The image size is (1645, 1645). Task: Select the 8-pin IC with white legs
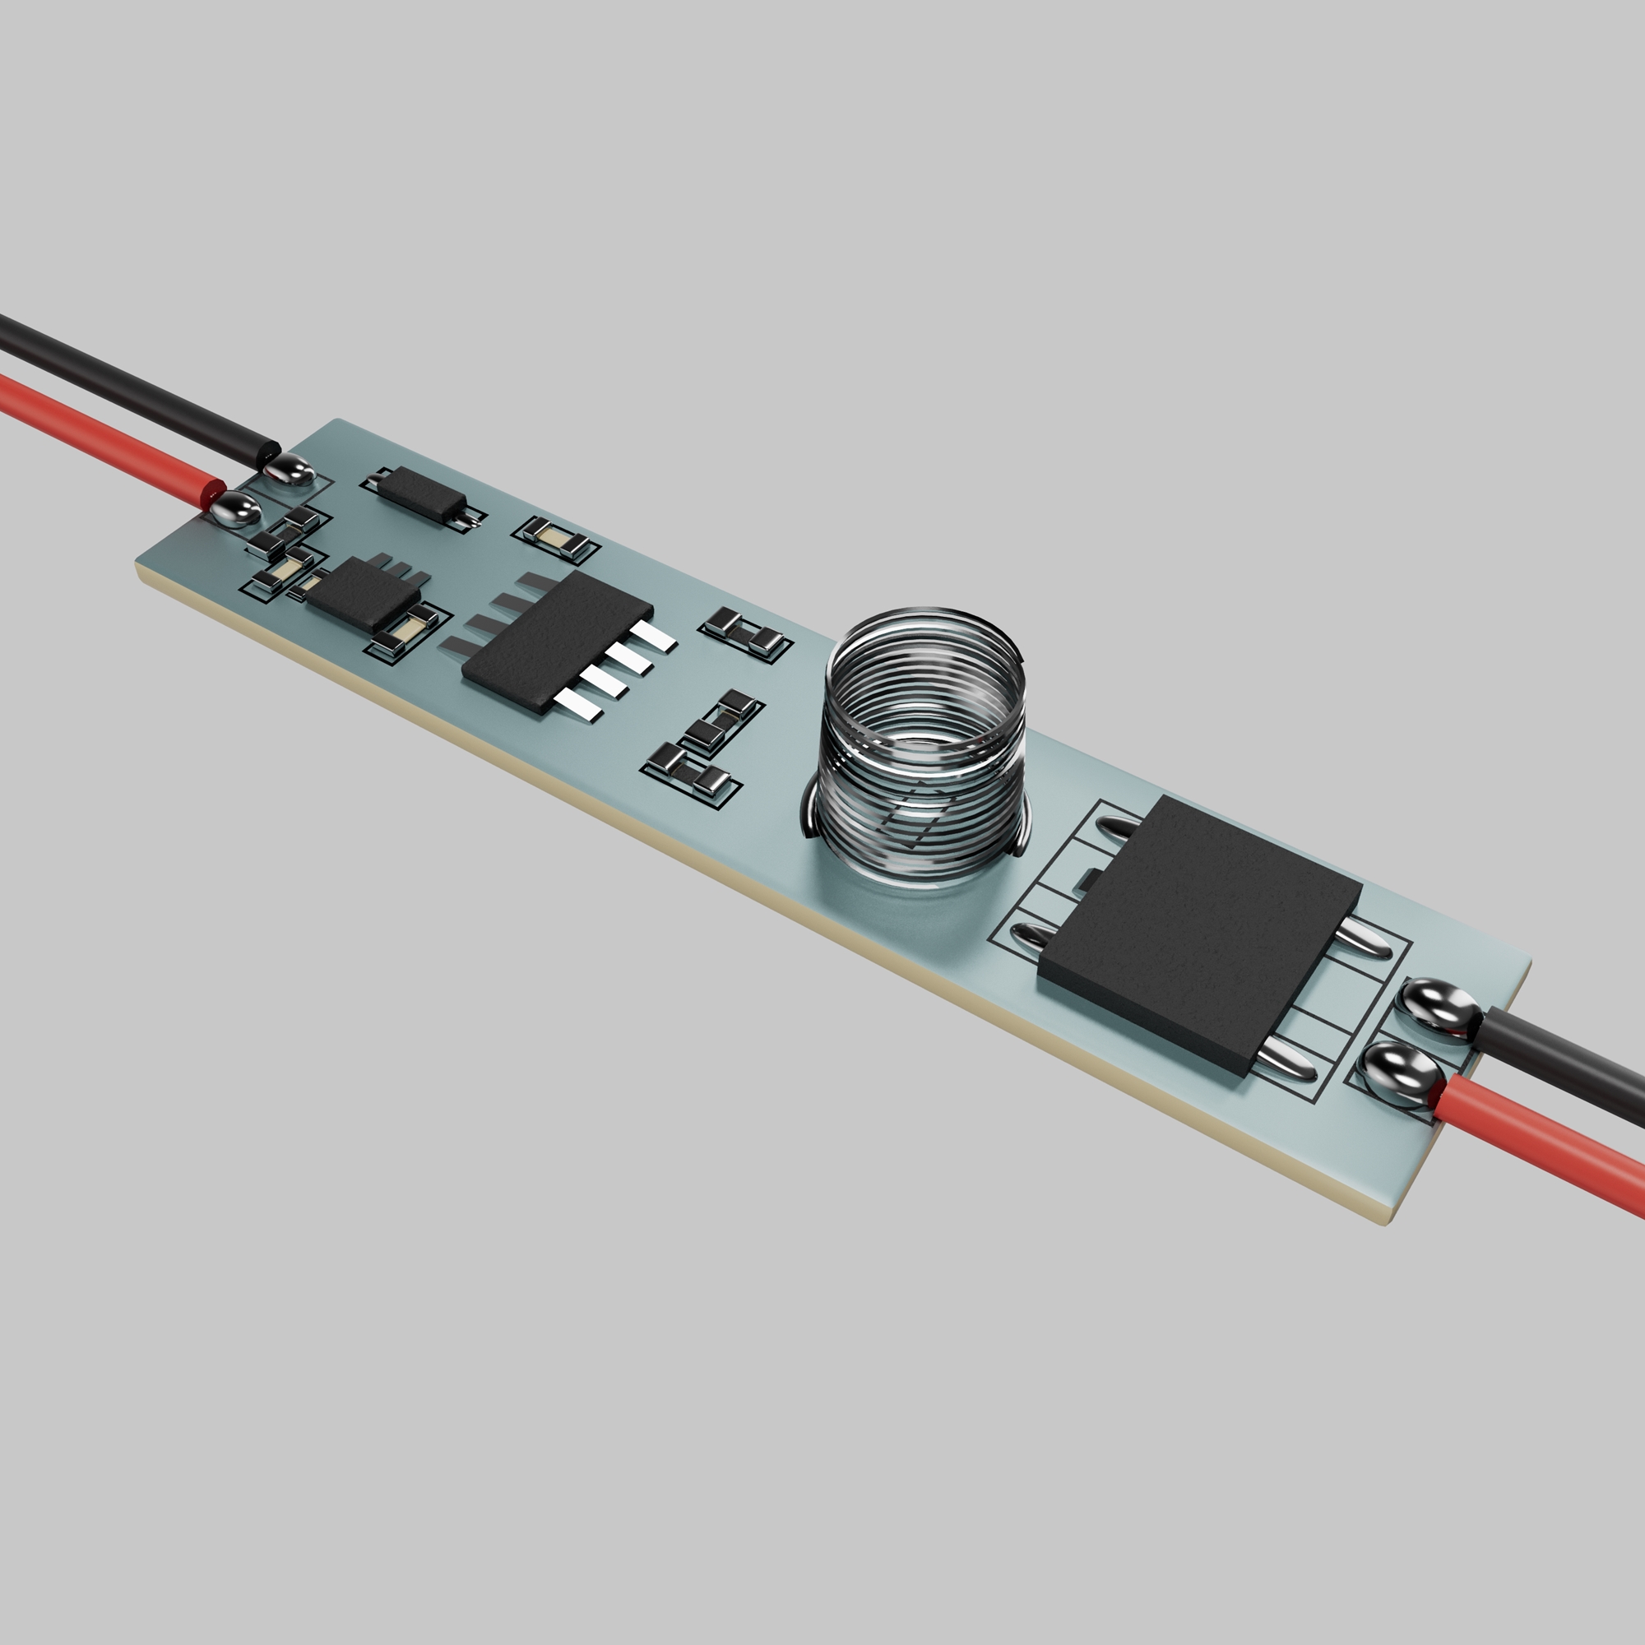coord(558,638)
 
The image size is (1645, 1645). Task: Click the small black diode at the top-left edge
coord(420,494)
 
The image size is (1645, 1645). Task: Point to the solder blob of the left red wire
coord(234,511)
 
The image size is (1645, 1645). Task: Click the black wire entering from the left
coord(127,383)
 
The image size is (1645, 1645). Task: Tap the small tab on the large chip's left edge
coord(1088,877)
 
